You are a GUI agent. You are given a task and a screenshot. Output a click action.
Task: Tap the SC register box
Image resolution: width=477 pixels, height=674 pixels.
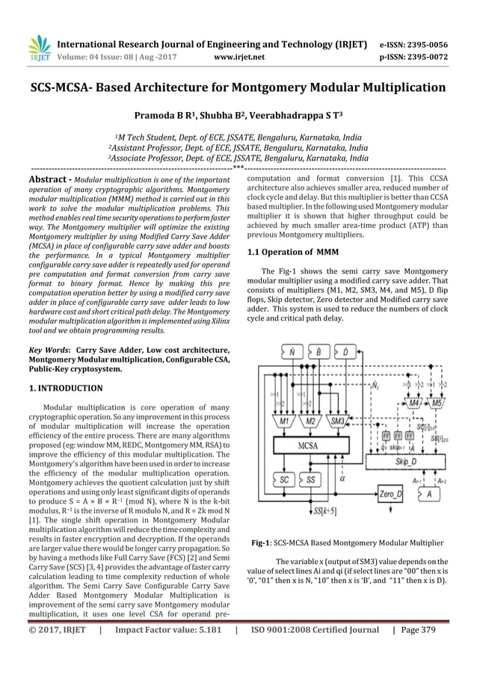click(x=284, y=478)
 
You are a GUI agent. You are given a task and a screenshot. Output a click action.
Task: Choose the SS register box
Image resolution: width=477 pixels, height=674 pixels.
click(x=310, y=478)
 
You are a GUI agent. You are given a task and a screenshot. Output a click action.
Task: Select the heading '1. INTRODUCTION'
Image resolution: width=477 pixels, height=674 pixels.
click(x=66, y=388)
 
